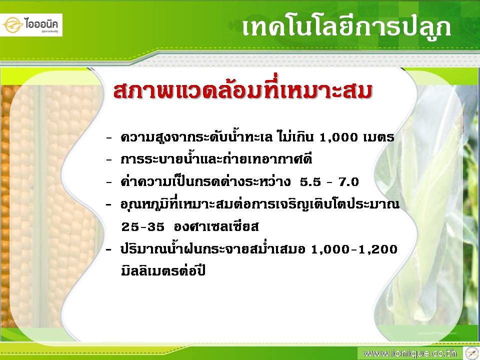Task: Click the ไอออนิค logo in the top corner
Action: (31, 25)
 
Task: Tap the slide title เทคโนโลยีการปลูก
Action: (346, 27)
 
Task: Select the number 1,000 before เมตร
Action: (338, 137)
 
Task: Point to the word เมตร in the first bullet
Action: (378, 137)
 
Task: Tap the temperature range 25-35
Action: (143, 227)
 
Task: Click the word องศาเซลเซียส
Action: (216, 226)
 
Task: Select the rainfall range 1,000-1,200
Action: (354, 249)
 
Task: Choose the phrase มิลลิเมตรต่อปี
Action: (163, 271)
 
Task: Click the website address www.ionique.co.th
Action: (410, 353)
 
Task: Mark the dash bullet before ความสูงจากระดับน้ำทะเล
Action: (109, 138)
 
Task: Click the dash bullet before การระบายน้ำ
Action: (109, 160)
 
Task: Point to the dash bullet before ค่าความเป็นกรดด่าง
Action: (109, 182)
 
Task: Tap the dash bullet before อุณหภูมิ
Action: (109, 205)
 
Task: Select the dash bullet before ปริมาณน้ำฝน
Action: (109, 250)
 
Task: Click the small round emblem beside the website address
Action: (471, 353)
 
